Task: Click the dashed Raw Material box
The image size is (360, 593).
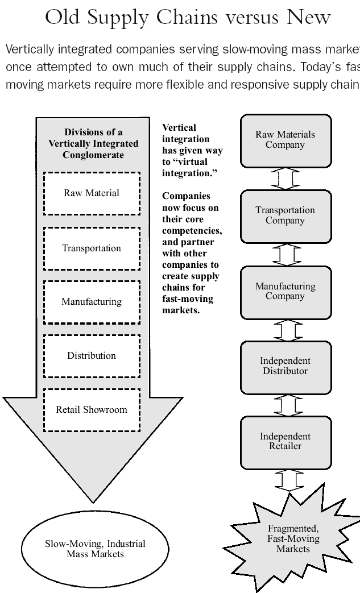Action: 92,193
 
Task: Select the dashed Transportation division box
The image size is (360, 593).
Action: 92,248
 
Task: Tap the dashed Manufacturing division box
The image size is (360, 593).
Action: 92,302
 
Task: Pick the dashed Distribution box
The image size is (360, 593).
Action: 92,356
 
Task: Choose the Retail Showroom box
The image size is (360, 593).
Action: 92,410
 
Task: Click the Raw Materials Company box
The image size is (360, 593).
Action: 285,140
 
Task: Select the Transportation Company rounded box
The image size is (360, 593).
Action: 285,216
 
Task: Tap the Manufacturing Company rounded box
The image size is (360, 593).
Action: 285,292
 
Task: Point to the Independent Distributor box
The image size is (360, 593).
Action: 285,367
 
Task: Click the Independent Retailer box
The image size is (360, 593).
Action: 285,442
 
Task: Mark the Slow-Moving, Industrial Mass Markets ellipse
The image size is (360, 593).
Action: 95,549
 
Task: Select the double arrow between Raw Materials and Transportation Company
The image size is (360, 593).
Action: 285,178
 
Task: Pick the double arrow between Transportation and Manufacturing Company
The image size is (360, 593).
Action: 285,254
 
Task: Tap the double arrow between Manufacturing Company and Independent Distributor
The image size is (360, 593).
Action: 285,330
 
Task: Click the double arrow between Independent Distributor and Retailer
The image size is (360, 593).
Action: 285,405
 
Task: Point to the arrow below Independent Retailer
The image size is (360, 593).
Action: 285,479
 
